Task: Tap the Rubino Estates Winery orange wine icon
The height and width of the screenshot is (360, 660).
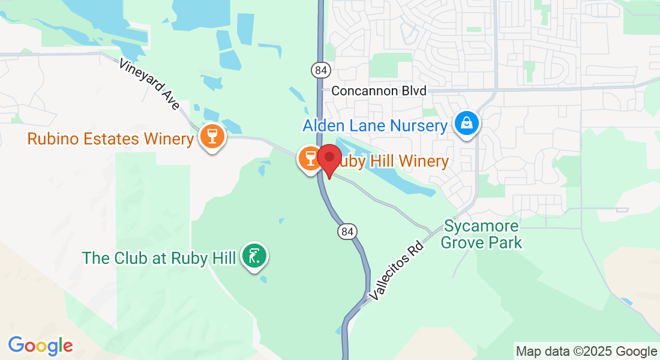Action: [x=211, y=136]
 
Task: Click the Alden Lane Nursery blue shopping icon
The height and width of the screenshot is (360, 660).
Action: [x=466, y=124]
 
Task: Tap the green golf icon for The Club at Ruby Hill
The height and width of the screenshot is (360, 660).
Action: [x=254, y=256]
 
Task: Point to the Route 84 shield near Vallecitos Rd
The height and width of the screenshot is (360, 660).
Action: [x=347, y=231]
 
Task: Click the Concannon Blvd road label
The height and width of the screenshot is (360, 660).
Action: [x=379, y=91]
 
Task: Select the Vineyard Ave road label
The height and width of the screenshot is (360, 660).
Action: [x=149, y=84]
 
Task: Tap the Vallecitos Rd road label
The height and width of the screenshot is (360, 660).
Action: [x=397, y=269]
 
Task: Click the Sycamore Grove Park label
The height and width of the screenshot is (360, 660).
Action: [x=482, y=235]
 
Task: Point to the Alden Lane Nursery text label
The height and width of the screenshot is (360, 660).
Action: [x=375, y=126]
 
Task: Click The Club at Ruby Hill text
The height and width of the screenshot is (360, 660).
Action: [x=159, y=258]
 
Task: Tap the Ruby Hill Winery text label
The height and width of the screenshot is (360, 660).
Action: [x=393, y=161]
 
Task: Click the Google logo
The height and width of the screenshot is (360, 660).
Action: [x=40, y=346]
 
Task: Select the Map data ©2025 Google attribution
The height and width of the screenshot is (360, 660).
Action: [x=586, y=352]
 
